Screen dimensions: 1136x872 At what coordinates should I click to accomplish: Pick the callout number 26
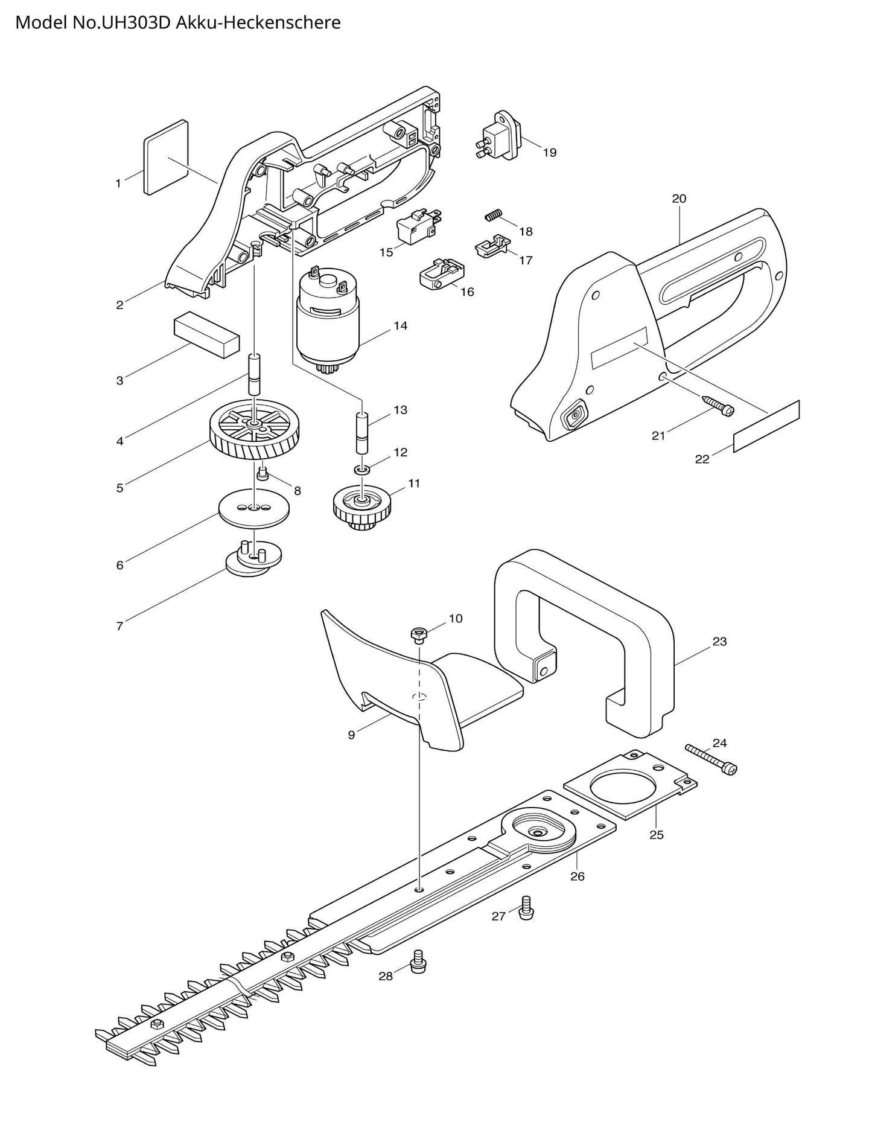(x=577, y=876)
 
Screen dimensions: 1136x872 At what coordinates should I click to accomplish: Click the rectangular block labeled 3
(x=206, y=336)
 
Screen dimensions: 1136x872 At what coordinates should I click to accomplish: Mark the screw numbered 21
(x=717, y=406)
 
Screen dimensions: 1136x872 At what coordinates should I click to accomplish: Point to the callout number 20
(x=679, y=199)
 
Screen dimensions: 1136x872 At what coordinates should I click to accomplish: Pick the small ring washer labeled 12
(x=361, y=470)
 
